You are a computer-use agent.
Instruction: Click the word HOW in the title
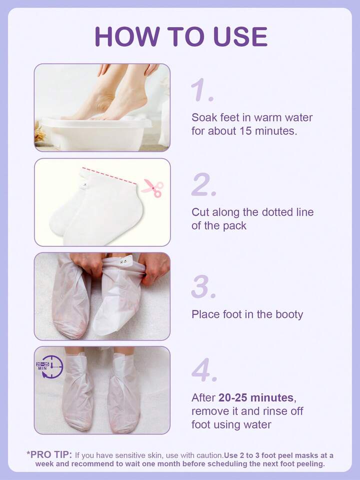[127, 37]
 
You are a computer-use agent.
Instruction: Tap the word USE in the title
[240, 37]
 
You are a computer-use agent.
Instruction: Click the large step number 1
[202, 90]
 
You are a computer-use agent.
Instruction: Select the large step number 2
[203, 184]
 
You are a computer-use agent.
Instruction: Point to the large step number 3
[203, 287]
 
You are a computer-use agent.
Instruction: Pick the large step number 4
[204, 370]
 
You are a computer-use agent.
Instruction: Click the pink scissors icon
[152, 188]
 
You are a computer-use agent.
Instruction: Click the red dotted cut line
[109, 176]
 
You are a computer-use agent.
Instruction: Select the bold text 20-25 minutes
[256, 397]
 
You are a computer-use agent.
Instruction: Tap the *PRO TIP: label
[49, 454]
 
